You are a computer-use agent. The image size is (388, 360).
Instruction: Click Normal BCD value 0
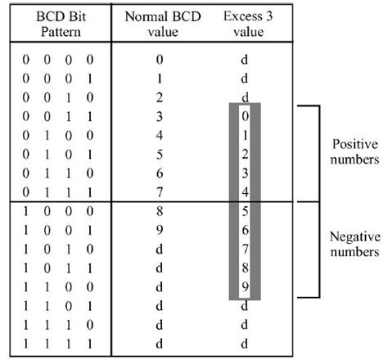pyautogui.click(x=159, y=61)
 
